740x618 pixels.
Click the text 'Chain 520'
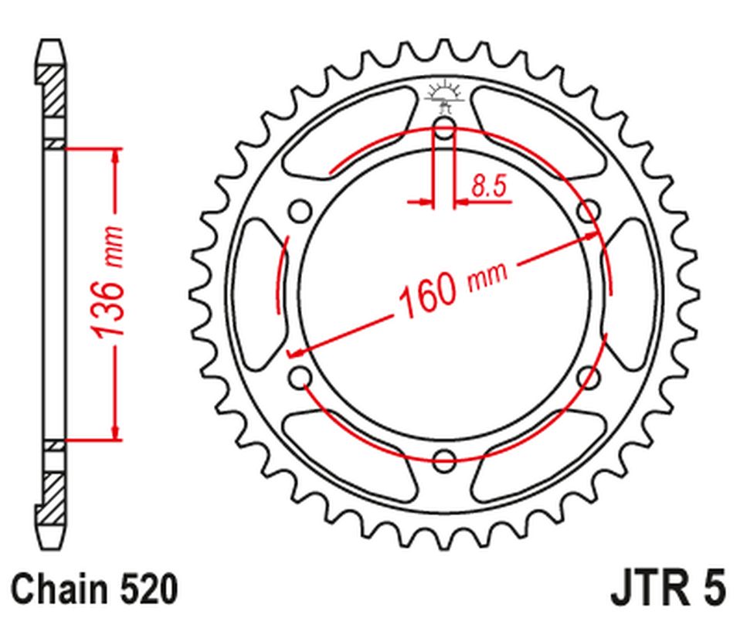click(94, 589)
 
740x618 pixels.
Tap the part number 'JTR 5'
click(667, 588)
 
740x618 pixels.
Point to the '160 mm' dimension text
click(452, 287)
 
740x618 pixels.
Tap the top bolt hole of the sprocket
click(444, 127)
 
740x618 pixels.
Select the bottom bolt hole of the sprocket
click(444, 461)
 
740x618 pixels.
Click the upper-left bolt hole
click(300, 211)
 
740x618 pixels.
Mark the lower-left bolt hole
click(300, 378)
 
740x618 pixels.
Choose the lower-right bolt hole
click(589, 378)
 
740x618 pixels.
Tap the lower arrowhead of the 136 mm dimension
click(116, 433)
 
